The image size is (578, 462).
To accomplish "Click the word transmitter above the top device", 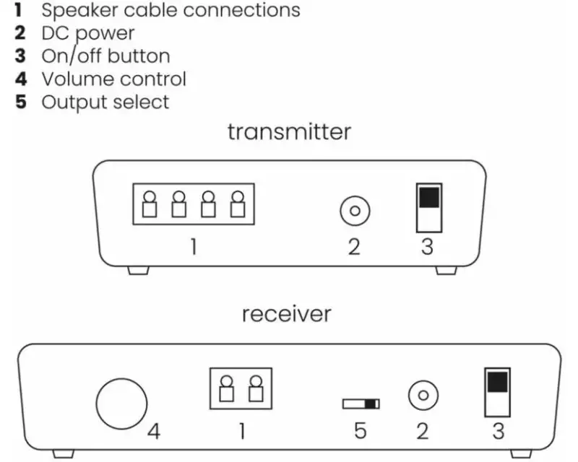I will click(x=289, y=132).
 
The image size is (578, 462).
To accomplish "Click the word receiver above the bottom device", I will click(x=286, y=315).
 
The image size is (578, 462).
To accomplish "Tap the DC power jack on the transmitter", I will click(x=355, y=212).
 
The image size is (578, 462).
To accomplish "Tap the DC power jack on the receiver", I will click(x=423, y=396).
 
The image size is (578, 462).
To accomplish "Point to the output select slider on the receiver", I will click(x=361, y=404).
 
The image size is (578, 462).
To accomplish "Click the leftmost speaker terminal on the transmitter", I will click(x=151, y=204).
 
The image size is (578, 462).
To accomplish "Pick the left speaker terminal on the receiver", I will click(x=226, y=389).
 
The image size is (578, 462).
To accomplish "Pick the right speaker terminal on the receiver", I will click(x=254, y=389).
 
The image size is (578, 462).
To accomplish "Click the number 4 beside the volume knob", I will click(x=154, y=432).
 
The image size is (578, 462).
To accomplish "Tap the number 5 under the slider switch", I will click(x=360, y=432).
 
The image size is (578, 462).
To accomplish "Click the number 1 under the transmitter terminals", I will click(x=194, y=248).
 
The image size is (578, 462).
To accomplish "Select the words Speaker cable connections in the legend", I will click(x=171, y=11).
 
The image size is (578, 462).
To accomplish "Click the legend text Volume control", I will click(x=113, y=79).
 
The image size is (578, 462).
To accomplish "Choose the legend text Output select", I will click(x=105, y=102).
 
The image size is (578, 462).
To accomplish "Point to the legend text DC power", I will click(x=87, y=33).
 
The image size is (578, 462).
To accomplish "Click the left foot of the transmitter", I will click(x=134, y=271).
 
